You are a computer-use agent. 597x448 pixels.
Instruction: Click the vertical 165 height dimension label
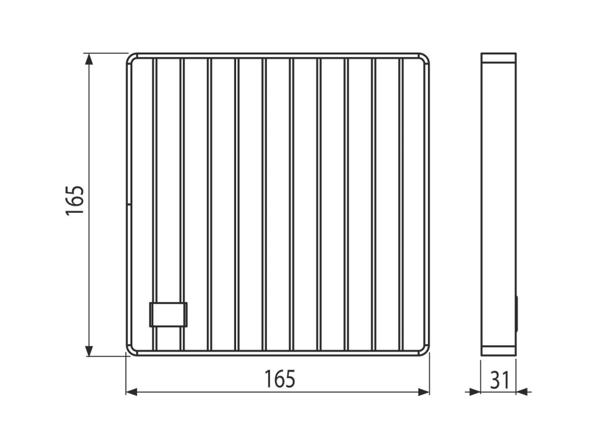[x=76, y=201]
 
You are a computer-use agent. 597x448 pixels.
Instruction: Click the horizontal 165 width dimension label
[x=281, y=379]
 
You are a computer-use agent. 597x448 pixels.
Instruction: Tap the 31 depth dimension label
[x=500, y=380]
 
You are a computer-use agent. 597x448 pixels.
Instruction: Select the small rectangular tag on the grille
[x=168, y=314]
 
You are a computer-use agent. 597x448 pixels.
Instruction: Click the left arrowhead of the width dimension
[x=132, y=391]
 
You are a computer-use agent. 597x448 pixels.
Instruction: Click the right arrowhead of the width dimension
[x=424, y=391]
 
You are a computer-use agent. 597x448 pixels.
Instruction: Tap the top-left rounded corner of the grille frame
[x=131, y=59]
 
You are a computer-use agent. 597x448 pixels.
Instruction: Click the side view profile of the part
[x=498, y=204]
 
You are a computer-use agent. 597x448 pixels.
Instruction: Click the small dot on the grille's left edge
[x=128, y=204]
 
